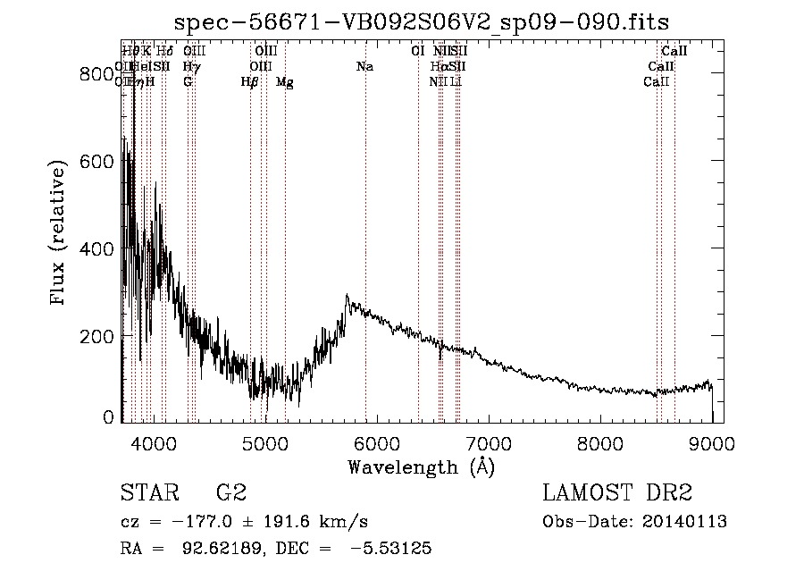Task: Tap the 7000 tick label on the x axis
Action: pyautogui.click(x=489, y=443)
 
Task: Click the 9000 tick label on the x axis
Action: pyautogui.click(x=712, y=443)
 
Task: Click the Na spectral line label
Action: pyautogui.click(x=364, y=67)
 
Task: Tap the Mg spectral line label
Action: pyautogui.click(x=284, y=82)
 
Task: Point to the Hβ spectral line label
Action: pyautogui.click(x=250, y=82)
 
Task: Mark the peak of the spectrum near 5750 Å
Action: pyautogui.click(x=347, y=296)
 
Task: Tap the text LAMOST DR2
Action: pyautogui.click(x=617, y=493)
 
